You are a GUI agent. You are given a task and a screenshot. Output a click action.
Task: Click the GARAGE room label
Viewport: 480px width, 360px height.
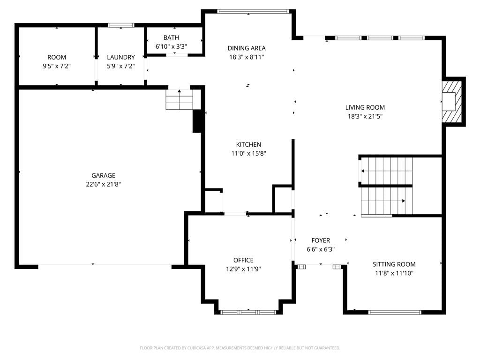[103, 175]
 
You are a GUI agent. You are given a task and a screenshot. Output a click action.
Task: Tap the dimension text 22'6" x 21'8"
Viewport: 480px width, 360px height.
[103, 184]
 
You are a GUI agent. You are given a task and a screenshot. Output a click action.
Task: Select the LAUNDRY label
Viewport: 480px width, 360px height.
[120, 57]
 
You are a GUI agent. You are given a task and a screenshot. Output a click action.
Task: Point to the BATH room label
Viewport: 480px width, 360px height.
[171, 37]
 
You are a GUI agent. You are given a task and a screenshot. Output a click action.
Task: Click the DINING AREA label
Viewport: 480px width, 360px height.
[247, 48]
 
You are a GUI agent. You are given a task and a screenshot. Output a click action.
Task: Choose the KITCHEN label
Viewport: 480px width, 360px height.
[248, 144]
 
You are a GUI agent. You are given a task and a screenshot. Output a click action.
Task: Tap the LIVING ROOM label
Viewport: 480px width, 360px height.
[365, 107]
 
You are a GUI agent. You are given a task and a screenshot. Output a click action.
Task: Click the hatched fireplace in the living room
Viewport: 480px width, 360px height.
[452, 102]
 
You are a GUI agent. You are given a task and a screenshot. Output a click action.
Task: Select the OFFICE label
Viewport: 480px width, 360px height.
[243, 260]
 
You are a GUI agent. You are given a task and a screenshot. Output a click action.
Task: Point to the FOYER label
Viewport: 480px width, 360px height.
[321, 240]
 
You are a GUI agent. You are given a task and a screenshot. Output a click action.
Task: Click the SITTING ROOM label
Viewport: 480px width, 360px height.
[394, 264]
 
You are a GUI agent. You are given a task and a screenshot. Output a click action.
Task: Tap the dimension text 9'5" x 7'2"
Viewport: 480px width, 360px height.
[57, 66]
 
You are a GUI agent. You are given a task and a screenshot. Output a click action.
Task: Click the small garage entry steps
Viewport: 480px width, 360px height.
[180, 99]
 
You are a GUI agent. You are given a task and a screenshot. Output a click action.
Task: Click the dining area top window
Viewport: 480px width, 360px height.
[253, 11]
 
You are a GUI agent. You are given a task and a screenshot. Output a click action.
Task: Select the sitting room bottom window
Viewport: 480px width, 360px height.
[395, 312]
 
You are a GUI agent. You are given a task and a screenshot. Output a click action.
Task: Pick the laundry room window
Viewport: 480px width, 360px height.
[121, 25]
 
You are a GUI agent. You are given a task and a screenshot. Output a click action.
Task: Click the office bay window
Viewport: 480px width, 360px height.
[248, 312]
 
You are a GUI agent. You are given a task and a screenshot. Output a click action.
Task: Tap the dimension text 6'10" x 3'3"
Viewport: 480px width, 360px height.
[171, 46]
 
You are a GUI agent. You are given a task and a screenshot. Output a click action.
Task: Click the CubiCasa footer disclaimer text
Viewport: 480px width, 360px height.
[240, 348]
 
